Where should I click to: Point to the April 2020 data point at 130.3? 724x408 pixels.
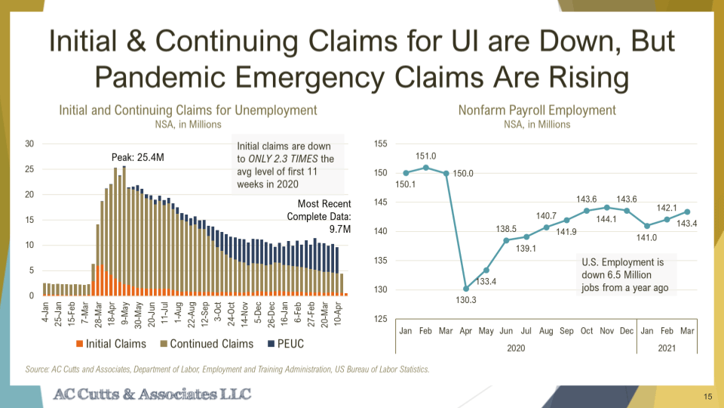point(465,288)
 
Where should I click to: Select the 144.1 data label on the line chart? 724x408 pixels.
point(607,219)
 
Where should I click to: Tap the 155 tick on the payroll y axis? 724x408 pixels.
point(380,144)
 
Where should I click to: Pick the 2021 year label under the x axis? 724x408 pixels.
point(666,348)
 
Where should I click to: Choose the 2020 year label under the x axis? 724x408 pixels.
point(516,348)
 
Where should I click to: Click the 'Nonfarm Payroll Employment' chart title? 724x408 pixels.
point(537,110)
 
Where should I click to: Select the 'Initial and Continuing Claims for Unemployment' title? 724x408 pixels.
point(188,110)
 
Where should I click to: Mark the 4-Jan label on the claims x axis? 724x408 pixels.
point(45,311)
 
